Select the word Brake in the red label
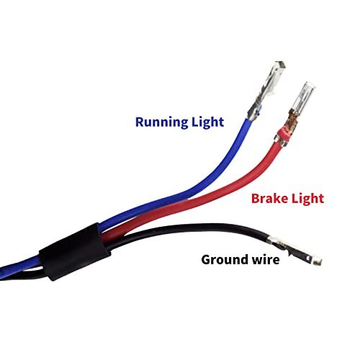[269, 199]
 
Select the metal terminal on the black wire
[294, 250]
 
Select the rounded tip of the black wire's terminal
[318, 261]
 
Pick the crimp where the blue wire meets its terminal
[253, 113]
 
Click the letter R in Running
[140, 122]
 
